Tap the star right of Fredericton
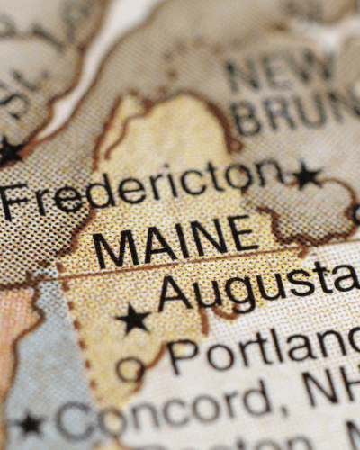(306, 175)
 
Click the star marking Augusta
(133, 318)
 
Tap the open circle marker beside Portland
(130, 368)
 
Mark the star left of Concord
(30, 423)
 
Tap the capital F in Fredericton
(13, 201)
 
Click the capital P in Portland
(184, 356)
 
